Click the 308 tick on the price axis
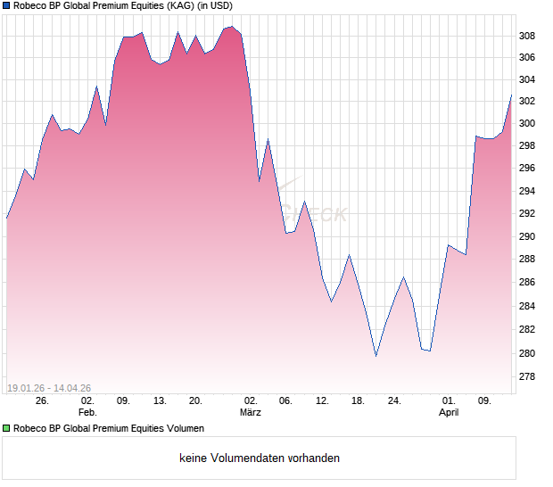click(528, 36)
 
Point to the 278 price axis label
click(528, 376)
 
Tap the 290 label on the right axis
click(528, 237)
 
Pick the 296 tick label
click(528, 169)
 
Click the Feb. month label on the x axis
click(87, 413)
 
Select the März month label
click(251, 413)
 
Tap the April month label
click(450, 413)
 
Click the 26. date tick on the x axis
click(42, 401)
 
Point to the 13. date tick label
click(160, 401)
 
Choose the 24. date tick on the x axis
click(394, 401)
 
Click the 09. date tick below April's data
click(485, 401)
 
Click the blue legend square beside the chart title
click(6, 6)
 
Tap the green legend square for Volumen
click(6, 429)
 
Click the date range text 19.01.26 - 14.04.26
click(48, 388)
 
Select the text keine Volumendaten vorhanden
click(260, 458)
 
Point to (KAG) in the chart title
click(177, 6)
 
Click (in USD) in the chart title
click(214, 6)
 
